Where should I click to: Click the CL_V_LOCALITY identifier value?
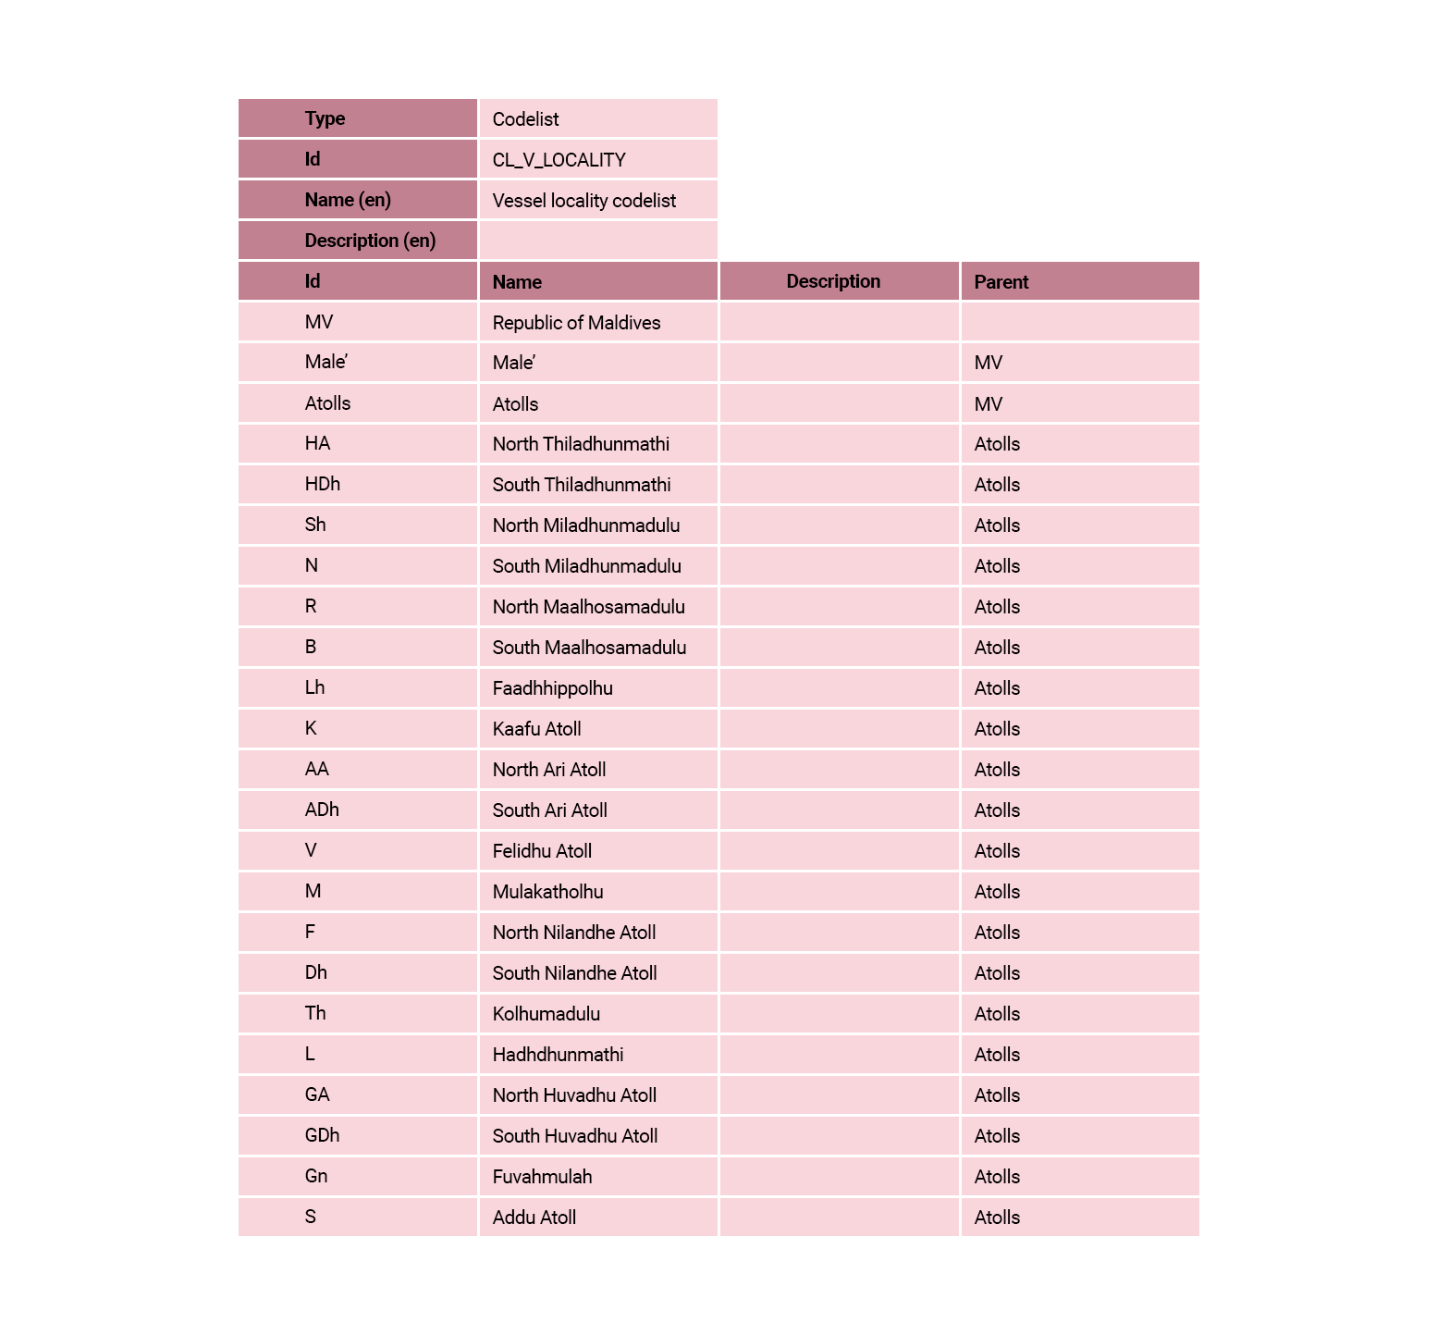coord(559,160)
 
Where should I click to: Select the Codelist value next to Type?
coord(525,119)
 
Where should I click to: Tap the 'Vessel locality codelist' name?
coord(583,201)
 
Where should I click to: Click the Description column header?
coord(832,281)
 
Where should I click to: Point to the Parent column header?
coord(1001,282)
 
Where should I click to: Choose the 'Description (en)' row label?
coord(370,241)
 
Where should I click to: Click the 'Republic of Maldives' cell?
coord(576,323)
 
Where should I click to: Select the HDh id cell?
coord(323,484)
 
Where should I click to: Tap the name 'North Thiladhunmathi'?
coord(581,444)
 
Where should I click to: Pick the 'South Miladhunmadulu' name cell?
coord(586,566)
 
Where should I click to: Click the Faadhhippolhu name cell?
coord(552,688)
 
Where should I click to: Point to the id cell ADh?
coord(322,810)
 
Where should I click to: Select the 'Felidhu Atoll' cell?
coord(542,851)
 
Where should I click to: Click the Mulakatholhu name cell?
coord(547,892)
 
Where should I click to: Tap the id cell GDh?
coord(322,1135)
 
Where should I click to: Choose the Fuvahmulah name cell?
coord(542,1177)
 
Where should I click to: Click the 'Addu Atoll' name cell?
coord(534,1218)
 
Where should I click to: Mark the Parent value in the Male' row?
coord(988,363)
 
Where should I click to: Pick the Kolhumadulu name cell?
coord(546,1014)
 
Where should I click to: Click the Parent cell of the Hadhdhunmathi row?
coord(997,1055)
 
